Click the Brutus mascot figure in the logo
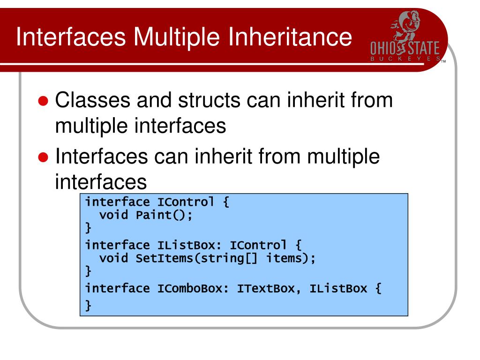click(x=405, y=26)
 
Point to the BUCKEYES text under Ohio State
click(x=405, y=59)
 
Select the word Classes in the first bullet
click(x=92, y=100)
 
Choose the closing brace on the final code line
click(x=88, y=305)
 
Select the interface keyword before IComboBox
click(x=117, y=288)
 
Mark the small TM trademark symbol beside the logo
click(x=443, y=61)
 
